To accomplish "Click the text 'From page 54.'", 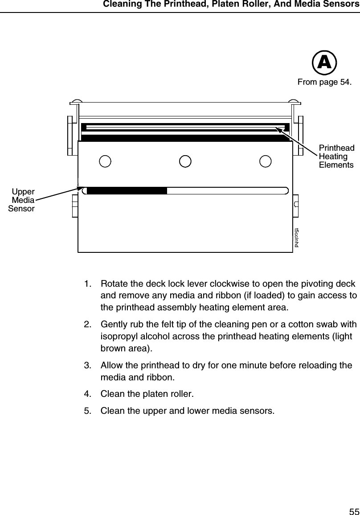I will [x=324, y=82].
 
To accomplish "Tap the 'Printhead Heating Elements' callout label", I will [x=336, y=156].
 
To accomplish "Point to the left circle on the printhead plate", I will [x=105, y=161].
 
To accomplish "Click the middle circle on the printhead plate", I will [x=185, y=161].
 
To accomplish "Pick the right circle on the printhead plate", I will [x=266, y=161].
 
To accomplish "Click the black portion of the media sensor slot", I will [x=127, y=191].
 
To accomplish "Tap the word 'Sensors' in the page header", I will [x=342, y=5].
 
